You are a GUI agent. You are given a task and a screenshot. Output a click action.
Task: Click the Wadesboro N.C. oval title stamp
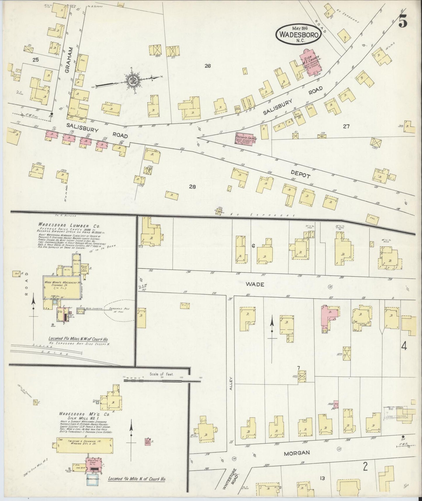[298, 33]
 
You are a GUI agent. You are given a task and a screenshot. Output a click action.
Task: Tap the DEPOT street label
[300, 175]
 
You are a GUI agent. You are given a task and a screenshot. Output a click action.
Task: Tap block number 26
[207, 66]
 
